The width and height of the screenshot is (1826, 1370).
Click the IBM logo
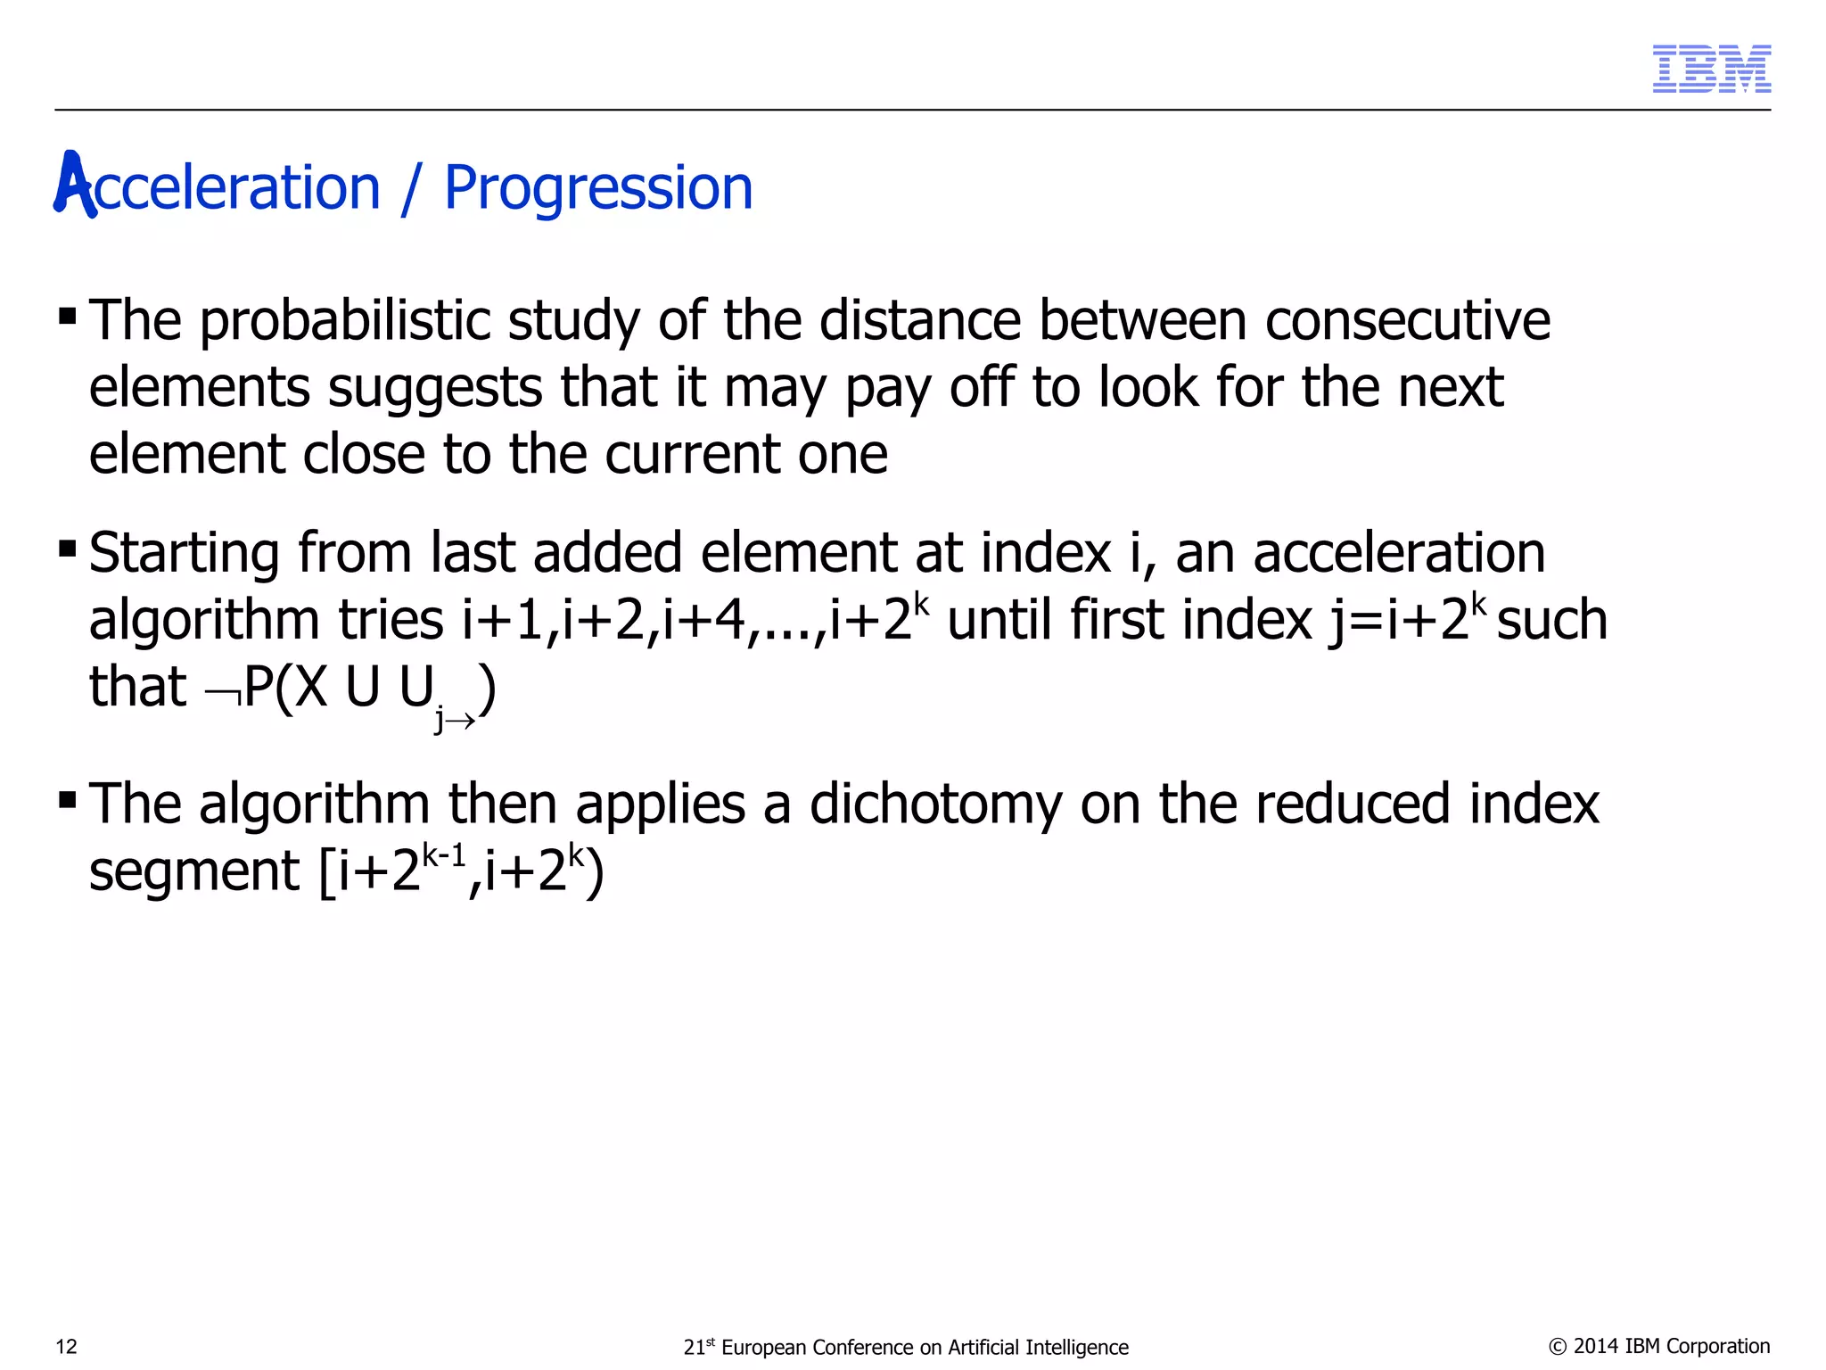pos(1711,69)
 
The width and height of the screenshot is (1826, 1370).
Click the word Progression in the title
pos(598,188)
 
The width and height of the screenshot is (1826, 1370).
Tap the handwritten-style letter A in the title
pos(74,185)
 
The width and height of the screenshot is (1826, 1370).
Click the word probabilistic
pos(344,321)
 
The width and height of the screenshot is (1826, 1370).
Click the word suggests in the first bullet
pos(435,388)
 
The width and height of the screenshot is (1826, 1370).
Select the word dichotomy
pos(935,804)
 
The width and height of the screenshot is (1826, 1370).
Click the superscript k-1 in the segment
pos(444,857)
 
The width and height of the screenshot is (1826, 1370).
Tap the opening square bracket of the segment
pos(327,871)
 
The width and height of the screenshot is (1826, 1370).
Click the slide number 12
pos(67,1347)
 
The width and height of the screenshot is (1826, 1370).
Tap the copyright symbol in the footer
pos(1558,1347)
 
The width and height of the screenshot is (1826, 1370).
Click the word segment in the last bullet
pos(193,872)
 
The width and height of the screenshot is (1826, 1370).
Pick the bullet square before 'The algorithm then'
pos(67,798)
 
